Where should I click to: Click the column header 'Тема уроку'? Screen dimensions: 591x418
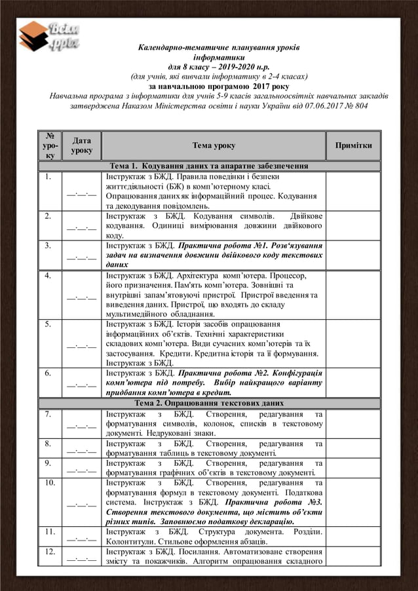click(214, 145)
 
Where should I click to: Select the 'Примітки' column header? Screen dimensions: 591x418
click(353, 145)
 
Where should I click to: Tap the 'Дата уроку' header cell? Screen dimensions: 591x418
click(82, 145)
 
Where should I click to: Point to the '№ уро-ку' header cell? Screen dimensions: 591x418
click(49, 145)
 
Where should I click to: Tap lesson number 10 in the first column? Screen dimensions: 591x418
click(50, 483)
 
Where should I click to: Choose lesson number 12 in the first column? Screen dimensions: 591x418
click(50, 552)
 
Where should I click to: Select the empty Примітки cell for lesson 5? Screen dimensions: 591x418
click(353, 343)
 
